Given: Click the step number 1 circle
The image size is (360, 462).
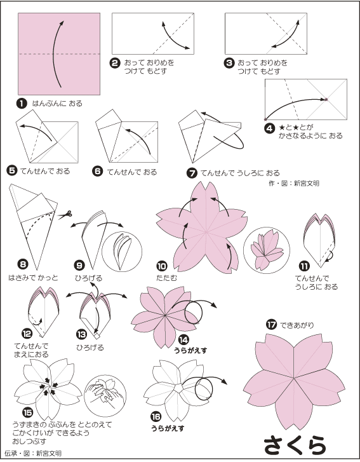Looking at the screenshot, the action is point(22,104).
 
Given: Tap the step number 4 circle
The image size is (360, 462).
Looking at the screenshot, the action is point(269,129).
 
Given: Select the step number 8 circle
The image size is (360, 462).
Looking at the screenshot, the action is point(23,264).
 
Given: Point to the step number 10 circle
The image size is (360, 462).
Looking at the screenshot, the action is point(162,266).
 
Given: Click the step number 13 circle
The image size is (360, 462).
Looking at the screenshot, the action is point(81,334).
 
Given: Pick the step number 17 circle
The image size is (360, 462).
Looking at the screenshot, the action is point(271,325).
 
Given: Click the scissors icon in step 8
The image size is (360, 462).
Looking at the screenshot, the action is point(65,215).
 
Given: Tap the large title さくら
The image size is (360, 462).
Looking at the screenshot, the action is point(295,445).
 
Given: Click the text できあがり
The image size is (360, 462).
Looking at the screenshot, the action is point(297,325).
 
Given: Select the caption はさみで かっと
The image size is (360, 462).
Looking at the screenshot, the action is point(33,278).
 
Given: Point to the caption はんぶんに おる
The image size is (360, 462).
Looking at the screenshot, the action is point(57,104).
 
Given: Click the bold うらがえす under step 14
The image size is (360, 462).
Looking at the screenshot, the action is point(190,351).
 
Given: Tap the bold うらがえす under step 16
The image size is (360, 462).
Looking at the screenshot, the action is point(168,428).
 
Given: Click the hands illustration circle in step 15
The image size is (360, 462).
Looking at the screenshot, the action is point(105,396).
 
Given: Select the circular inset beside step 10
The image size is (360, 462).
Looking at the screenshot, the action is point(267,250).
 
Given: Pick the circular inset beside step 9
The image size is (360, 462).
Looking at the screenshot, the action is point(122,251).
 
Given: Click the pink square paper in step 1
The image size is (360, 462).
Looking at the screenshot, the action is point(59,53).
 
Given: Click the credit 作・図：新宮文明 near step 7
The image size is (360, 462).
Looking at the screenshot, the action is point(294,183).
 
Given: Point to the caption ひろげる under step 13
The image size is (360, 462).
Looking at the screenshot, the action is point(90,348).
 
